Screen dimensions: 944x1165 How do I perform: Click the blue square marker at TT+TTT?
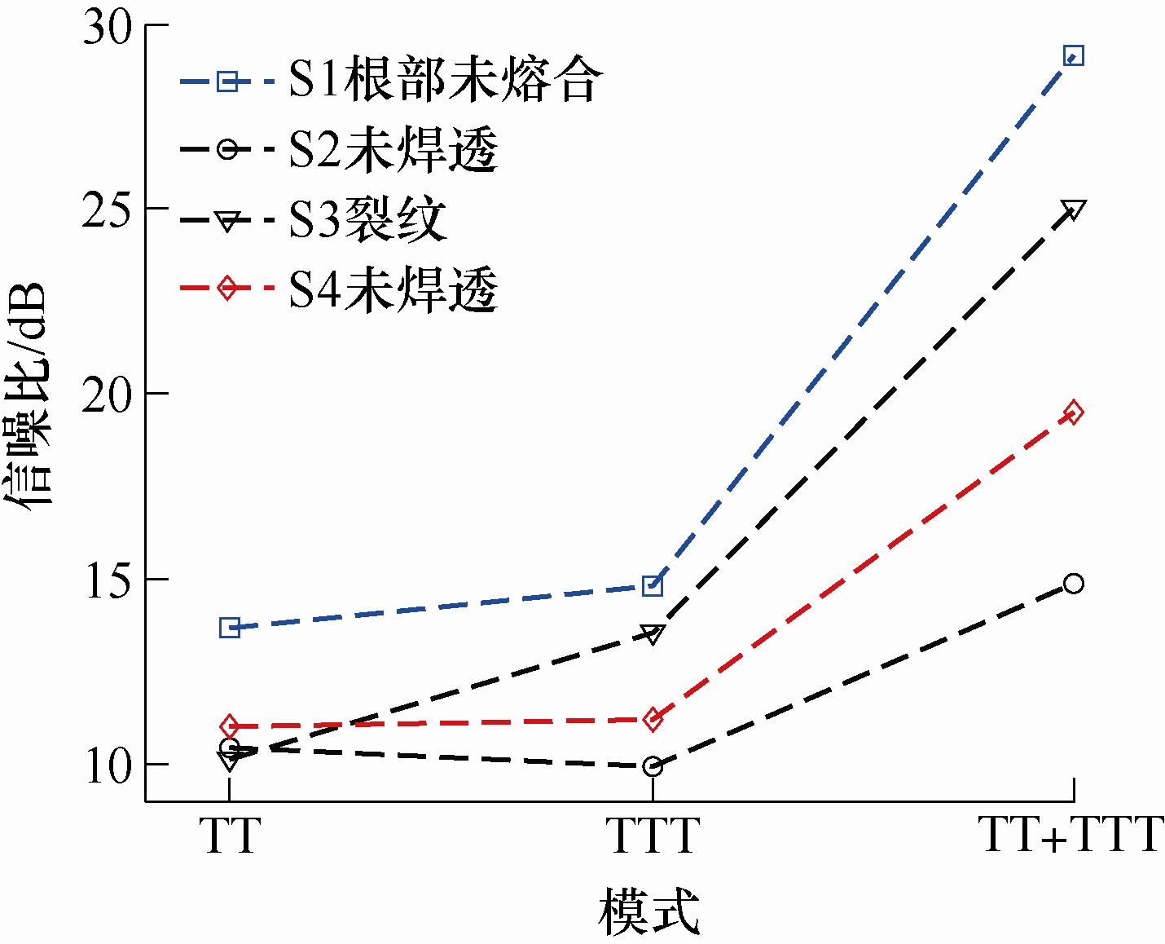(x=1074, y=56)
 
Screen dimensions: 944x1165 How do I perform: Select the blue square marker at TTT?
(x=652, y=585)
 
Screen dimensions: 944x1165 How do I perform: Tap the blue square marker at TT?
(x=230, y=627)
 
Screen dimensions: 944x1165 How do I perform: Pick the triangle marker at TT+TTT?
(x=1074, y=210)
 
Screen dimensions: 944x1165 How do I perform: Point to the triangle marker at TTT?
(x=652, y=633)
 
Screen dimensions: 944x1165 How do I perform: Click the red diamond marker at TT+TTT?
(x=1074, y=412)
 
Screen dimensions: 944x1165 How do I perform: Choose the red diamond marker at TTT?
(x=652, y=719)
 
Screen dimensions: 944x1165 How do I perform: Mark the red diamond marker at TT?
(x=230, y=726)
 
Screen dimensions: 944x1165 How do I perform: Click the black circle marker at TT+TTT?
(x=1074, y=583)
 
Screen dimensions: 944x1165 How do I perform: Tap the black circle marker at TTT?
(x=652, y=766)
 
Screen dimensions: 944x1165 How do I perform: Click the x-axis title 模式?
(x=650, y=913)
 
